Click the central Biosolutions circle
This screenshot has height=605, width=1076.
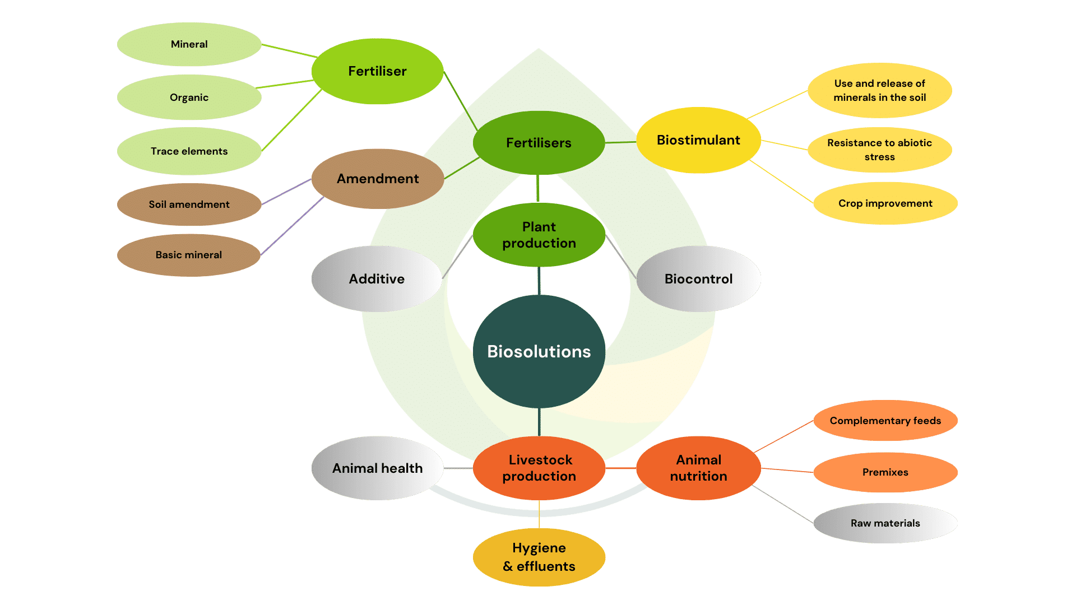tap(539, 351)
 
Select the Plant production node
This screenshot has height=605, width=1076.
tap(539, 235)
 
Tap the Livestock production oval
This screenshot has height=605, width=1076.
tap(539, 468)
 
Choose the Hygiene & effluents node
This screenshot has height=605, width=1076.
tap(539, 557)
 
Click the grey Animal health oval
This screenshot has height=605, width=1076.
tap(377, 468)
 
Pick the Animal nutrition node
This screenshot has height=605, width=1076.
tap(698, 468)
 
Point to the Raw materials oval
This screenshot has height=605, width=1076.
tap(885, 523)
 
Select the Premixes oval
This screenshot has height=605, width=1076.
tap(885, 472)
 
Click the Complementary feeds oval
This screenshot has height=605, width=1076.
tap(885, 421)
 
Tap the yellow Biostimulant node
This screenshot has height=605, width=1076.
tap(698, 140)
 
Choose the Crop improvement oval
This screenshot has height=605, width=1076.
tap(885, 203)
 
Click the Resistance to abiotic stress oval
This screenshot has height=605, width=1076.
tap(879, 150)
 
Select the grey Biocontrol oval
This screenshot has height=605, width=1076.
tap(698, 278)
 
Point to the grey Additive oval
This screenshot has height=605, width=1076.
tap(377, 278)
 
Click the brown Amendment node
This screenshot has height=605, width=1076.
tap(377, 179)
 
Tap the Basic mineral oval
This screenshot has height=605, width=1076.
tap(189, 255)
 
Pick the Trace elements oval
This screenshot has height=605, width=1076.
tap(189, 151)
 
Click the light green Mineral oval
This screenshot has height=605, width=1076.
tap(189, 44)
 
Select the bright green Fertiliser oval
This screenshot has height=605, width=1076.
tap(377, 71)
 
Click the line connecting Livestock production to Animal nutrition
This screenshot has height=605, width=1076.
tap(620, 468)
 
